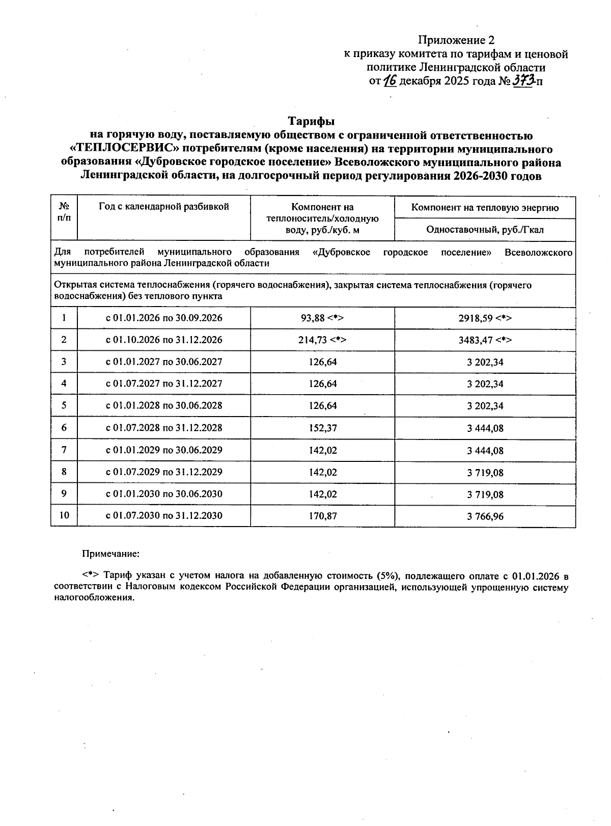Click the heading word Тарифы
click(x=312, y=121)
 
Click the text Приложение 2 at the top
click(x=456, y=40)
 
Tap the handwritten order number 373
click(x=523, y=80)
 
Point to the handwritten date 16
click(x=390, y=80)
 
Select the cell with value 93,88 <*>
click(x=322, y=318)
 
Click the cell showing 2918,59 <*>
click(x=485, y=318)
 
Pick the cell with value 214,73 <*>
click(x=322, y=340)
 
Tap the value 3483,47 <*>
click(x=485, y=340)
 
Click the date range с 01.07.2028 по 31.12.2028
click(x=164, y=428)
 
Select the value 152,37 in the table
click(x=323, y=428)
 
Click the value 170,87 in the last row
click(x=323, y=516)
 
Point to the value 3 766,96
click(x=485, y=516)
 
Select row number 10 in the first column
click(x=64, y=515)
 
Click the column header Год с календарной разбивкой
click(x=164, y=207)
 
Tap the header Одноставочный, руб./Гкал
click(x=485, y=230)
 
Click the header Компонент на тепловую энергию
click(x=485, y=208)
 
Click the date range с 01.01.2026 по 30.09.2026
click(x=164, y=318)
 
